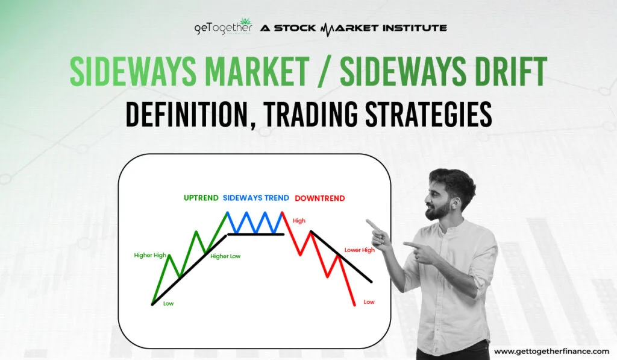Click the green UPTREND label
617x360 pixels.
(x=201, y=198)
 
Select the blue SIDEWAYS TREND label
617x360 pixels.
(x=255, y=198)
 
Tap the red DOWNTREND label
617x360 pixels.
(x=319, y=198)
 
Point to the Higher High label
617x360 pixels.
(x=150, y=255)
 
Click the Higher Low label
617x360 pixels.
(x=225, y=256)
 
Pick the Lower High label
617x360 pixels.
(x=359, y=250)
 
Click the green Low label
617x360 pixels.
(x=169, y=304)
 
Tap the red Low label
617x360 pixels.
(x=369, y=302)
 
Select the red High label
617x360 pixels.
(x=299, y=221)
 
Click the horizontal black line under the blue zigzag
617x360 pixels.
(x=255, y=235)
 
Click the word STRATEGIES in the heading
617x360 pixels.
(x=428, y=114)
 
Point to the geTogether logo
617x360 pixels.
(x=223, y=28)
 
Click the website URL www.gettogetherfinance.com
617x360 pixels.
(x=551, y=351)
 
